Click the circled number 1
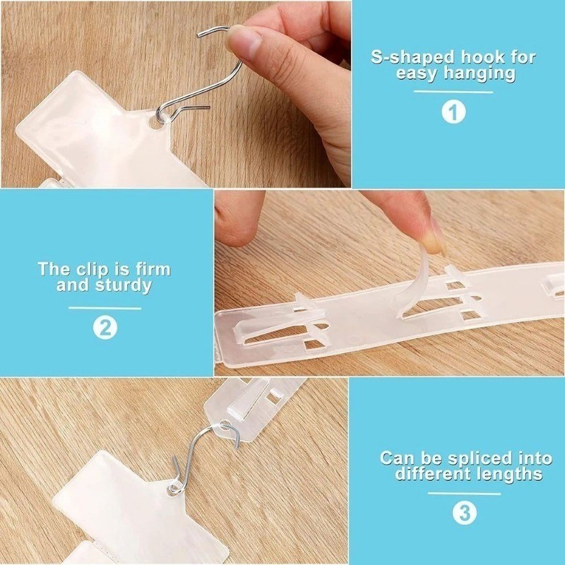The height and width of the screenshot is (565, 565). point(453,112)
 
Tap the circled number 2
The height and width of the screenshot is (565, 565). point(105,327)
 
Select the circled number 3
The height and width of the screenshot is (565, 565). point(465,513)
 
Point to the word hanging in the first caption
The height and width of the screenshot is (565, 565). point(480,73)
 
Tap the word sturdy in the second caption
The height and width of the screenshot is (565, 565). point(123,286)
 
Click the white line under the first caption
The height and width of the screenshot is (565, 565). point(453,92)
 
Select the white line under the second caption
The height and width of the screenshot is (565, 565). point(105,308)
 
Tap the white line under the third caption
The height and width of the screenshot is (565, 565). point(465,493)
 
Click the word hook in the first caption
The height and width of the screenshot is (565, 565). point(483,58)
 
